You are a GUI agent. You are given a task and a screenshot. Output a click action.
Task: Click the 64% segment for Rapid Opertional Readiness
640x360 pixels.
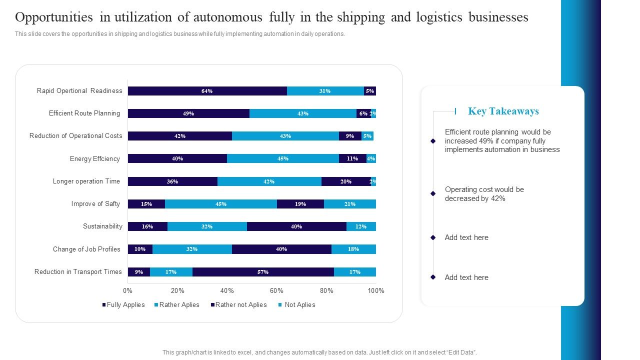[207, 91]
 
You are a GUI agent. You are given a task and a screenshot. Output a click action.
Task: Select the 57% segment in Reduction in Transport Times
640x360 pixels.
[263, 272]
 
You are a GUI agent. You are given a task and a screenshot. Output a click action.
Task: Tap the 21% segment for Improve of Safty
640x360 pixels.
[349, 204]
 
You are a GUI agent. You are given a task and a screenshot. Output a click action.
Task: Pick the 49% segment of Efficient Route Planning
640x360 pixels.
[188, 113]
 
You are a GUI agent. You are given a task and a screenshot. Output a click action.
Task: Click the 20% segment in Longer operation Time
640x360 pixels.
[345, 181]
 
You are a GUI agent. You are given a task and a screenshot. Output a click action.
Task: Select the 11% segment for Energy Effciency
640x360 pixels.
[352, 158]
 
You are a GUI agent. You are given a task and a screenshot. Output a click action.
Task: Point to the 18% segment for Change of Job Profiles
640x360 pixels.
[353, 249]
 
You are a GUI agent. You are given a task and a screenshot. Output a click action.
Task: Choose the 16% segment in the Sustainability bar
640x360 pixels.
[147, 226]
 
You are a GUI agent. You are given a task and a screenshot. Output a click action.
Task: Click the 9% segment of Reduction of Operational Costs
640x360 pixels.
[349, 136]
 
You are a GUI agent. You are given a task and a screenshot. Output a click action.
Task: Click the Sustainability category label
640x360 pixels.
[102, 226]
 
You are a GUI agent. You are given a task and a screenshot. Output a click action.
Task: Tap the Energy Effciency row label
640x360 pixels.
[95, 159]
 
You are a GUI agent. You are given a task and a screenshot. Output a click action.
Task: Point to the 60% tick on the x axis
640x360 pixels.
[276, 291]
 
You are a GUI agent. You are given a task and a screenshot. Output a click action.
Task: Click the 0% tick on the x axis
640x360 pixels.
[128, 291]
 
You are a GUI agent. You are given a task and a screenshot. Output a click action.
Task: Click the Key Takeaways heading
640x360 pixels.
[503, 111]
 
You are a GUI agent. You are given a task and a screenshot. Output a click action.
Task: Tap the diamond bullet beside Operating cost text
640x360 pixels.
[433, 193]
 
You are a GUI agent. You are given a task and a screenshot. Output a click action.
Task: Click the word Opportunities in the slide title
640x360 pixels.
[53, 17]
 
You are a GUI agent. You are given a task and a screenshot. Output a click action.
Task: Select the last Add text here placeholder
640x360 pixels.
[466, 277]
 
